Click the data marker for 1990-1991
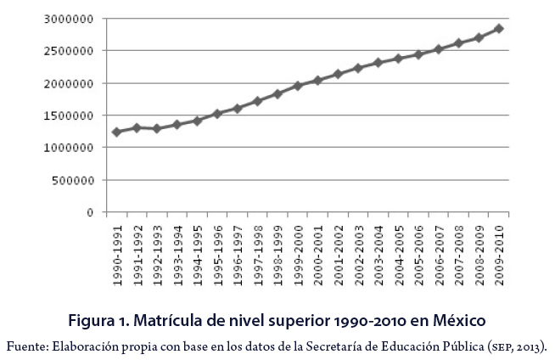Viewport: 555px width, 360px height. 116,132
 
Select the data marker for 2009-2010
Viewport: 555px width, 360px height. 499,29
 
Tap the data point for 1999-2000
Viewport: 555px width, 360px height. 297,86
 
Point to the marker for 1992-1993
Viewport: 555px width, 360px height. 156,128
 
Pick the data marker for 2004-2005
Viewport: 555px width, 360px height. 398,59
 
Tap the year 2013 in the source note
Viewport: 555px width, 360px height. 530,346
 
